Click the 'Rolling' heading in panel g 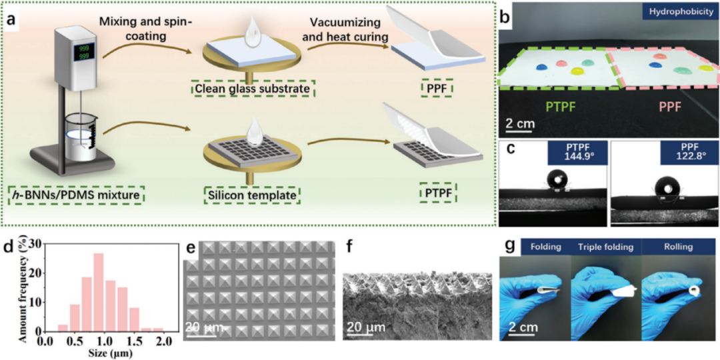coord(678,247)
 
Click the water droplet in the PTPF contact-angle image coord(557,181)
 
